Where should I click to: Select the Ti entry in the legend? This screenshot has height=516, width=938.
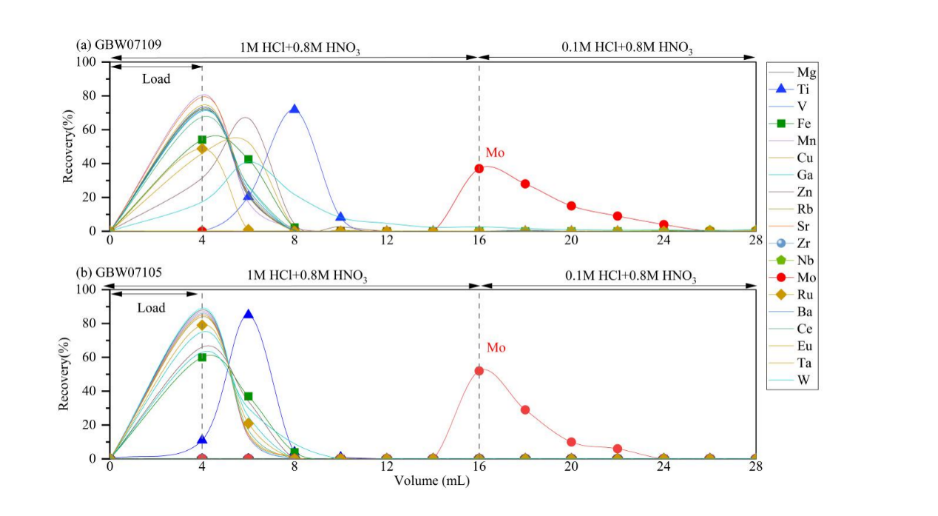[x=793, y=90]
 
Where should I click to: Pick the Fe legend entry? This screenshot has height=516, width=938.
[x=793, y=124]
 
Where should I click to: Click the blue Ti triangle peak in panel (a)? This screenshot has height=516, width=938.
[x=294, y=109]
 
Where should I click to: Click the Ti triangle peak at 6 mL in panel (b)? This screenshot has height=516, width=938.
[x=249, y=314]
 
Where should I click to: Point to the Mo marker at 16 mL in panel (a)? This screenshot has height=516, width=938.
[x=479, y=168]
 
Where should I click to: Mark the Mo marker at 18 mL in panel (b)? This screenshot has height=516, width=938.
[x=525, y=409]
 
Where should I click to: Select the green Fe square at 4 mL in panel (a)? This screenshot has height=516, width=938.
[x=202, y=139]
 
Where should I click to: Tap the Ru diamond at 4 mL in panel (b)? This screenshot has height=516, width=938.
[x=202, y=325]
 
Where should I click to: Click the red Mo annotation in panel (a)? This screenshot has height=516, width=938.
[x=495, y=153]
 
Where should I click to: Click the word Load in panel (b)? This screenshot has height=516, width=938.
[x=152, y=307]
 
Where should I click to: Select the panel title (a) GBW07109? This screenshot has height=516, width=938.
[x=119, y=44]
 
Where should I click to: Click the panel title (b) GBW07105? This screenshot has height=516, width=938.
[x=119, y=272]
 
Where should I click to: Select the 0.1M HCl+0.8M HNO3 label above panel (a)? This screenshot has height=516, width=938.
[x=627, y=49]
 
